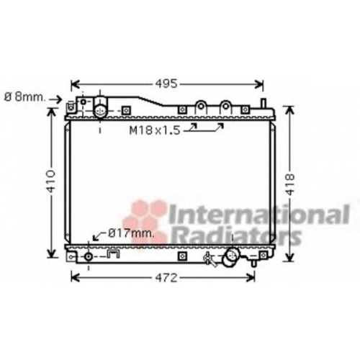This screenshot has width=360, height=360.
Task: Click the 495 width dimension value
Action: [x=166, y=84]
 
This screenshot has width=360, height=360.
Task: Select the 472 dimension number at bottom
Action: [x=166, y=278]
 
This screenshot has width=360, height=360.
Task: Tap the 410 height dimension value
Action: [x=51, y=181]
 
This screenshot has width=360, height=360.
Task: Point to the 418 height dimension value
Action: [x=290, y=184]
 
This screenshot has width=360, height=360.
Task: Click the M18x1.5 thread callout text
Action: [x=155, y=130]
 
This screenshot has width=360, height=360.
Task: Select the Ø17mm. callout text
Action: [x=131, y=233]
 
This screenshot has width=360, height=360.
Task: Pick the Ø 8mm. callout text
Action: [x=24, y=97]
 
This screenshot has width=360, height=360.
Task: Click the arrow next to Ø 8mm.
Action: [x=55, y=99]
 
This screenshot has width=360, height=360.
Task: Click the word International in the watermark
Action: [x=259, y=215]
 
